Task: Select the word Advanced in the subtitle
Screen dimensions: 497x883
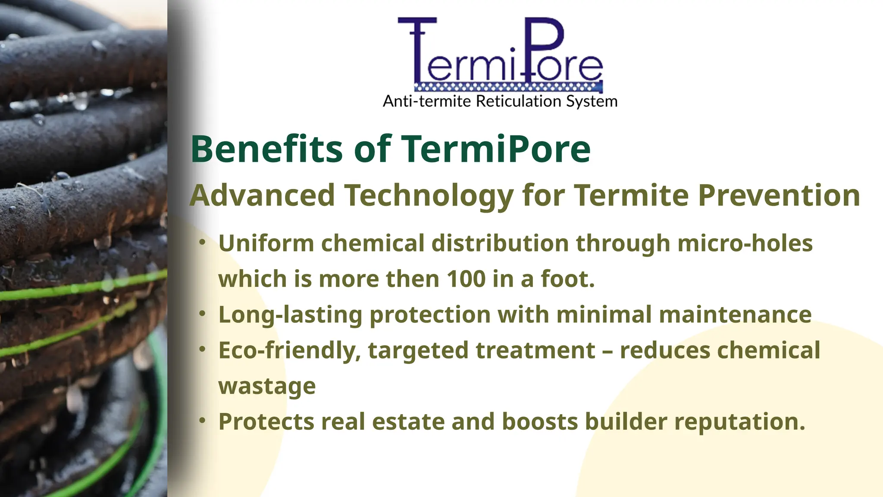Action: coord(262,195)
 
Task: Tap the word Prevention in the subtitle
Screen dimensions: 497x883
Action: coord(779,195)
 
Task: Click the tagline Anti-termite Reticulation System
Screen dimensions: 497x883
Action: coord(500,101)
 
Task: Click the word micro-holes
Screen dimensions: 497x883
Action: coord(745,243)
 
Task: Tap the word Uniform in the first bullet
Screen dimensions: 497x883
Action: coord(266,243)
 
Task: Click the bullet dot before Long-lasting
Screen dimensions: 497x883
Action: coord(202,314)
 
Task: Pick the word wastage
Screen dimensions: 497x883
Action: coord(267,386)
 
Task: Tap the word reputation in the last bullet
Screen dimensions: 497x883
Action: coord(739,422)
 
